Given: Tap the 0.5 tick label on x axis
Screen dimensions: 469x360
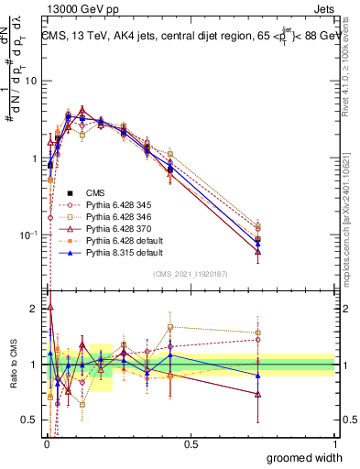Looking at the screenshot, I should pyautogui.click(x=190, y=443).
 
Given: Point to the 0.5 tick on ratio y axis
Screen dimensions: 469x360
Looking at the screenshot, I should pyautogui.click(x=29, y=420).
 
